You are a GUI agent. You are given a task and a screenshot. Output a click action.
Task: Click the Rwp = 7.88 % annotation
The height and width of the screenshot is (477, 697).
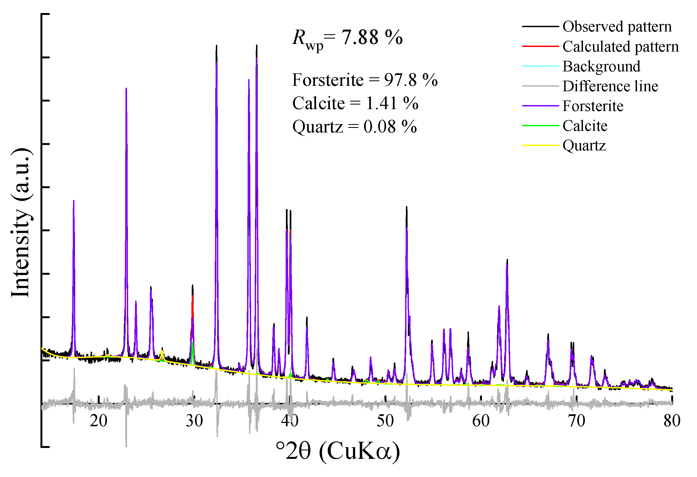pyautogui.click(x=347, y=38)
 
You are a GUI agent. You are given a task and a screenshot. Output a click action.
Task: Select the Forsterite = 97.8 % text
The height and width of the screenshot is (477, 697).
pyautogui.click(x=365, y=80)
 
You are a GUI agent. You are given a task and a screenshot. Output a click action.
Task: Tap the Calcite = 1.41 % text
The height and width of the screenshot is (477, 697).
pyautogui.click(x=355, y=103)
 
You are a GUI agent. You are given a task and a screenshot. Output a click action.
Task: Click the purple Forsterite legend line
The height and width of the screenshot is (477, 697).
pyautogui.click(x=540, y=106)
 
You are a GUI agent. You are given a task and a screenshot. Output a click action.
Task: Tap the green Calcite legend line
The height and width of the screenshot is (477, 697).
pyautogui.click(x=540, y=126)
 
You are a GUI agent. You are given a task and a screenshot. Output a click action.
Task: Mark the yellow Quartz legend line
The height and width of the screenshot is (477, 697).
pyautogui.click(x=540, y=146)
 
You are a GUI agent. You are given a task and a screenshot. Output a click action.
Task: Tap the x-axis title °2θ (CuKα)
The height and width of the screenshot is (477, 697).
pyautogui.click(x=338, y=451)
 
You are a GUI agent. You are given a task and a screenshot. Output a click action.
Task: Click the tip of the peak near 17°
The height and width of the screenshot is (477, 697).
pyautogui.click(x=74, y=201)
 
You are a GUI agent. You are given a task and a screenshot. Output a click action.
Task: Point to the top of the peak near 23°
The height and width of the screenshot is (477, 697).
pyautogui.click(x=126, y=89)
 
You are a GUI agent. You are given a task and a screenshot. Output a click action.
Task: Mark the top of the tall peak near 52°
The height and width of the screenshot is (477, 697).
pyautogui.click(x=406, y=207)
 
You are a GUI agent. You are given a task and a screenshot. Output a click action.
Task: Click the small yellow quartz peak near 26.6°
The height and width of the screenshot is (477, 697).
pyautogui.click(x=162, y=350)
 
